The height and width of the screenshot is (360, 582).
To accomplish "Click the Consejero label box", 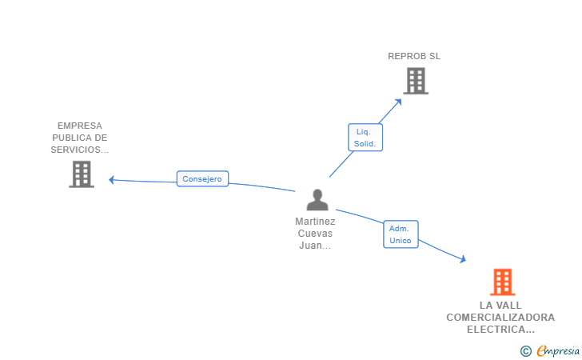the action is pyautogui.click(x=202, y=178).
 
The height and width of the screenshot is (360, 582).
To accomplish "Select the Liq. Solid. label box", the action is pyautogui.click(x=365, y=138).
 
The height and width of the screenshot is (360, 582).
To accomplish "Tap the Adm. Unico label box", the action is pyautogui.click(x=401, y=234).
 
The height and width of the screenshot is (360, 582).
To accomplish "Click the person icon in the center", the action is pyautogui.click(x=317, y=200).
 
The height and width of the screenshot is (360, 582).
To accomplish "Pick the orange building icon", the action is pyautogui.click(x=503, y=282).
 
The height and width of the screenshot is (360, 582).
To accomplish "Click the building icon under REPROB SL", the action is pyautogui.click(x=416, y=81).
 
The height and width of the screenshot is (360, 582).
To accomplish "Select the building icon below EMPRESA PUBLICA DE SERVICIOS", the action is pyautogui.click(x=82, y=174).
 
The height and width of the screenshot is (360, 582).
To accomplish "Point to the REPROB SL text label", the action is pyautogui.click(x=414, y=56).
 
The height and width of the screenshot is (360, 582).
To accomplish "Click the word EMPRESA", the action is pyautogui.click(x=80, y=126).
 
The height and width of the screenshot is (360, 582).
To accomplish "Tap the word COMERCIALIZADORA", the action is pyautogui.click(x=500, y=318).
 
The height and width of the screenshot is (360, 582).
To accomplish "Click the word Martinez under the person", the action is pyautogui.click(x=315, y=222).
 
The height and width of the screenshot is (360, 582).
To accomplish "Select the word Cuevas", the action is pyautogui.click(x=315, y=234).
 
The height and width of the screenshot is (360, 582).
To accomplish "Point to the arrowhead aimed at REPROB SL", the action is pyautogui.click(x=398, y=102).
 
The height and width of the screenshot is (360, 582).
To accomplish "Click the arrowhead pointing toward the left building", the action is pyautogui.click(x=111, y=180).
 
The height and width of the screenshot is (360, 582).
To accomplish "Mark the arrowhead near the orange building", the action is pyautogui.click(x=462, y=259).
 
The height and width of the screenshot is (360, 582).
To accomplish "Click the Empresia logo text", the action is pyautogui.click(x=558, y=350).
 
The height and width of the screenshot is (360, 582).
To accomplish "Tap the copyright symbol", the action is pyautogui.click(x=525, y=351).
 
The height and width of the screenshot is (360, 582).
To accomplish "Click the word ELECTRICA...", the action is pyautogui.click(x=500, y=330).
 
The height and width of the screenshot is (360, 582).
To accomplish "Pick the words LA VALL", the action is pyautogui.click(x=500, y=306).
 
